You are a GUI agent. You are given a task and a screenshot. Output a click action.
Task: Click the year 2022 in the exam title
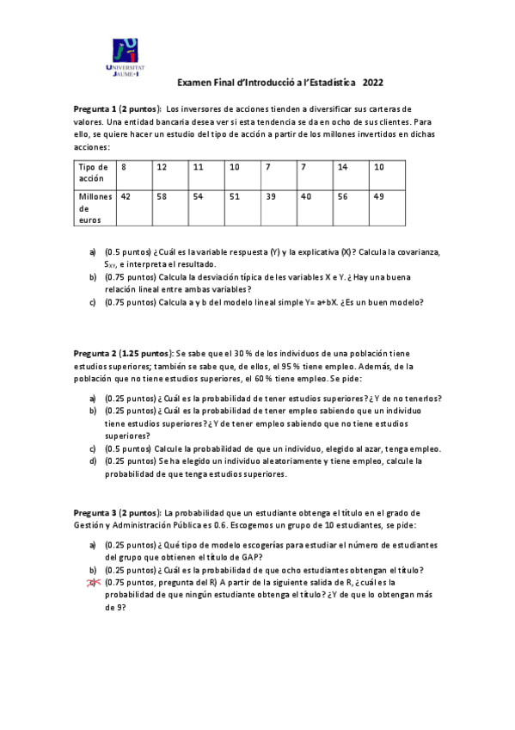[373, 84]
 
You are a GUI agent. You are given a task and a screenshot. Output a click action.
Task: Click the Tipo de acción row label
[93, 172]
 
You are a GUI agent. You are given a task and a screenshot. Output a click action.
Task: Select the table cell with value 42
[126, 196]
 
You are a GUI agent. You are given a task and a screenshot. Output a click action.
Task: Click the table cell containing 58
[162, 196]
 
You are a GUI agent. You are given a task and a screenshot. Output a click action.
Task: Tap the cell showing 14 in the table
[343, 166]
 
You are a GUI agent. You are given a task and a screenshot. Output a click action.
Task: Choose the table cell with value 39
[270, 196]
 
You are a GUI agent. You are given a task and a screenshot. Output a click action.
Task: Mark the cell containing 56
[343, 196]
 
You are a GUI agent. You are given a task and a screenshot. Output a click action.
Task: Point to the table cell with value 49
[379, 196]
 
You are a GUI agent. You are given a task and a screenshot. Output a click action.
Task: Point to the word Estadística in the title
[327, 84]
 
